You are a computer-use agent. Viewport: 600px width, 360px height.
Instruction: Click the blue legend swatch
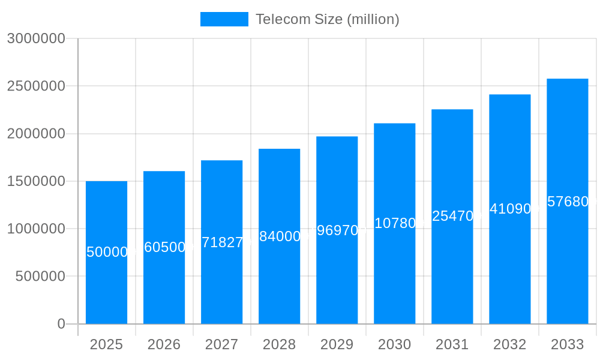224,19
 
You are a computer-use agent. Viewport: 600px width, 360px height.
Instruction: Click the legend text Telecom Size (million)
327,19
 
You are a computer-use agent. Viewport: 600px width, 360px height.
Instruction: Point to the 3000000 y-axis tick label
36,38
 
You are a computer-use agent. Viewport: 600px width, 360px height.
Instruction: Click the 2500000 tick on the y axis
36,86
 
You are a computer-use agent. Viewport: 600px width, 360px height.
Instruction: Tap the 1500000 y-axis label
36,181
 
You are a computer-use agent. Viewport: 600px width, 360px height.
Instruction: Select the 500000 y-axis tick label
40,276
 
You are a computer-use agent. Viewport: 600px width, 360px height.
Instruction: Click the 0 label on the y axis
61,324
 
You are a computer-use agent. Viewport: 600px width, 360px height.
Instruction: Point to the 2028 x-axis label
279,344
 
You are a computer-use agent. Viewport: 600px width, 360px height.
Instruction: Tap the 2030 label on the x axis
394,344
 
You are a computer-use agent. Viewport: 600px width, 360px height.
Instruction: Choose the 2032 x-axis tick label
509,344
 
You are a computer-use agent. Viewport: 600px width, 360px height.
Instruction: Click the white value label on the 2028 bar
279,236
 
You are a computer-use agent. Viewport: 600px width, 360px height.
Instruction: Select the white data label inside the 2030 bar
394,223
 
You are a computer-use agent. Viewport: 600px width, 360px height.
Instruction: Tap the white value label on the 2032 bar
509,209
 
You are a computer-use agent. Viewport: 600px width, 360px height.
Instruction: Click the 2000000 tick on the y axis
36,133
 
